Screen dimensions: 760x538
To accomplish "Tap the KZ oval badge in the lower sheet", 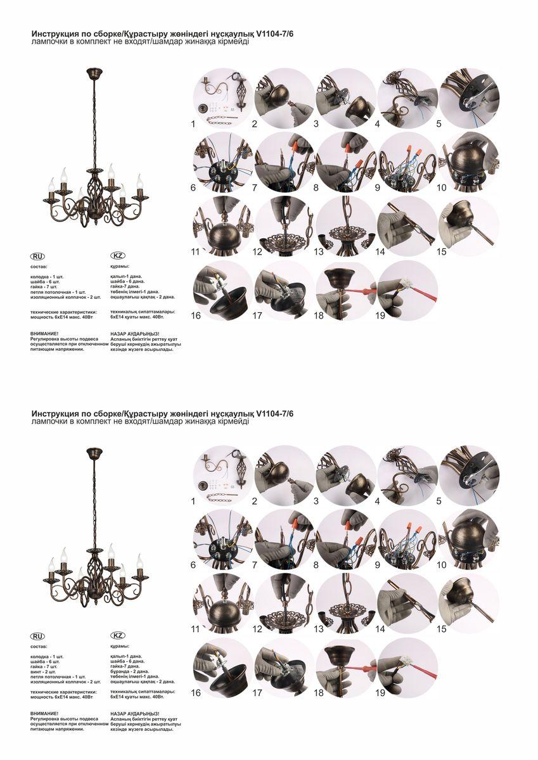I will pyautogui.click(x=118, y=635).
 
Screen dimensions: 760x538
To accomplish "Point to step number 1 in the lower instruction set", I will pyautogui.click(x=193, y=501).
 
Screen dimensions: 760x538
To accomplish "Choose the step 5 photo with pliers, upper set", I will pyautogui.click(x=468, y=98).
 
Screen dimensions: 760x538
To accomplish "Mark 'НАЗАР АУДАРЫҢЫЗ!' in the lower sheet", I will pyautogui.click(x=134, y=714).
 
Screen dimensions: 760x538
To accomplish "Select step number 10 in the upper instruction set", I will pyautogui.click(x=442, y=187).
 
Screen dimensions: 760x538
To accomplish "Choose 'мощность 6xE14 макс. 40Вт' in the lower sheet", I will pyautogui.click(x=65, y=697).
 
